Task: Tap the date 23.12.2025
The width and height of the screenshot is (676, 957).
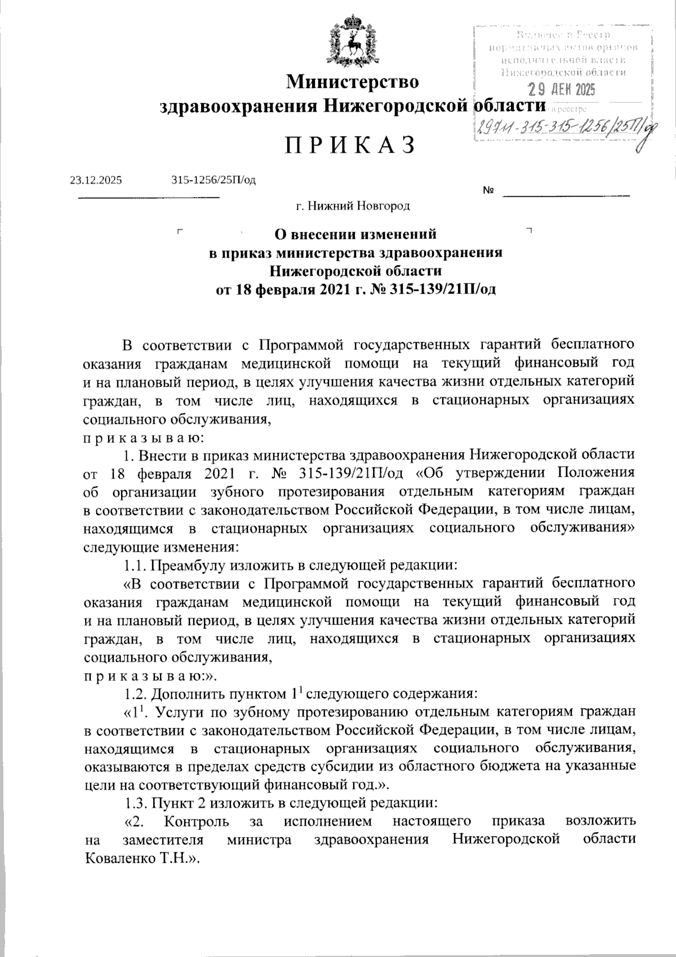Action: point(96,180)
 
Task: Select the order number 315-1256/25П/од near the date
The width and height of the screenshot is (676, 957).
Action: point(214,180)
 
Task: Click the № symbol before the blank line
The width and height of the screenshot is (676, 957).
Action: point(488,192)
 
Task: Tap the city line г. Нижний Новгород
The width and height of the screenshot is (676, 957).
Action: point(354,206)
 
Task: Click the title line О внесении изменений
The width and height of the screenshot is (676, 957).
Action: point(355,233)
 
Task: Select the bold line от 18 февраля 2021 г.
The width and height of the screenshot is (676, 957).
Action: point(356,290)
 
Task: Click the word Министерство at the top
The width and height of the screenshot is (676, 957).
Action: point(353,82)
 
